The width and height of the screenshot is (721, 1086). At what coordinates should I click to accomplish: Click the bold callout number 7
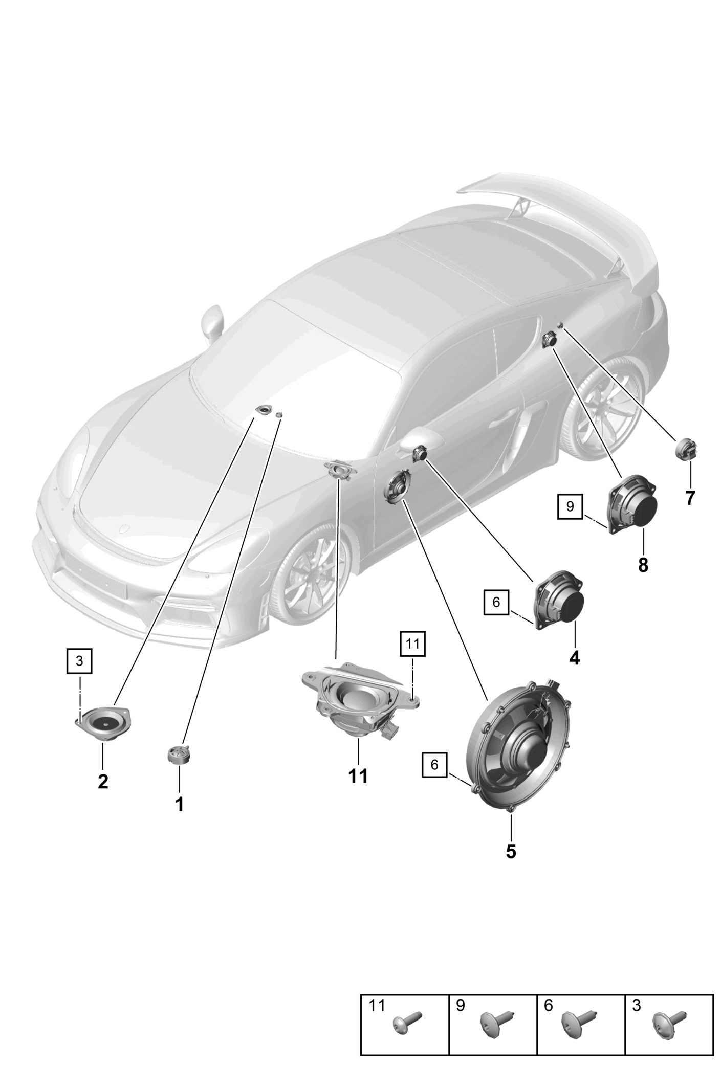click(690, 498)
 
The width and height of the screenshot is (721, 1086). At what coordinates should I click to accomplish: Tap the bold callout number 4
click(575, 658)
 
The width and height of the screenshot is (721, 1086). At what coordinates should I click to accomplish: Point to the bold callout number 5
click(511, 851)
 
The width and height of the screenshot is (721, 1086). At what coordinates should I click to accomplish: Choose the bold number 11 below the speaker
click(358, 790)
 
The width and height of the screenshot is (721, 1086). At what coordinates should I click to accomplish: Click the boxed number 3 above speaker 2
click(79, 661)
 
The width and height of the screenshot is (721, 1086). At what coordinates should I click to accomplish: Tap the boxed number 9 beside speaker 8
click(571, 506)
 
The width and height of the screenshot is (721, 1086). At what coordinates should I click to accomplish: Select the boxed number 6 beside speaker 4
click(496, 602)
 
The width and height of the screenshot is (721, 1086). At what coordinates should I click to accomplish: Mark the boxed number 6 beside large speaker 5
click(434, 779)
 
